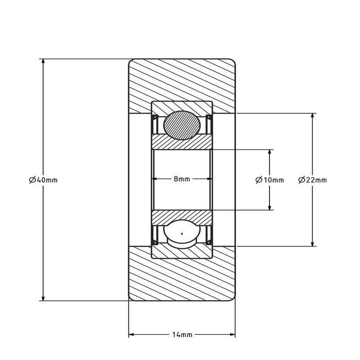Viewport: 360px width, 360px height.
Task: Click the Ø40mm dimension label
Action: click(x=43, y=180)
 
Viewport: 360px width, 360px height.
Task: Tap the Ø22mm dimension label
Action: click(x=312, y=180)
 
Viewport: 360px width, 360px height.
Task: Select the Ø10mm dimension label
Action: click(x=269, y=180)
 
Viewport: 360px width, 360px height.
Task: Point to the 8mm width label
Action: click(x=182, y=179)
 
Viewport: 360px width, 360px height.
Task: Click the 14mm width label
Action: click(x=182, y=334)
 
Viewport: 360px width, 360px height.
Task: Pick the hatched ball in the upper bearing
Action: click(x=182, y=125)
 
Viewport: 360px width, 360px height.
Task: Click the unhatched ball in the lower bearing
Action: click(x=182, y=233)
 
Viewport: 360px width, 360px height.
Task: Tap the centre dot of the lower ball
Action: click(x=182, y=233)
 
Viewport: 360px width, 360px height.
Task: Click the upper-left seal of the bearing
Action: click(x=154, y=124)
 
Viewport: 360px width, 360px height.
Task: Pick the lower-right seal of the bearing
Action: click(x=209, y=235)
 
